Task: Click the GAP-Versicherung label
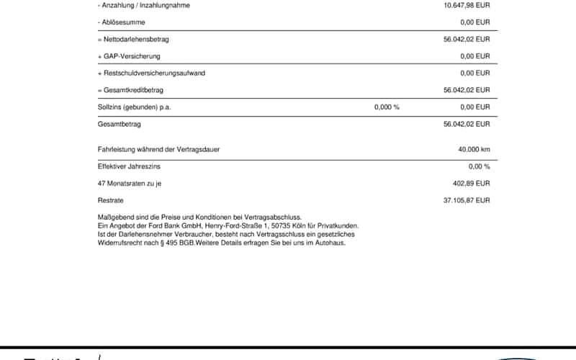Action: [x=129, y=56]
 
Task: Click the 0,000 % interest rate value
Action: [x=387, y=107]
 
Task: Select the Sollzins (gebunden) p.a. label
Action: [x=134, y=107]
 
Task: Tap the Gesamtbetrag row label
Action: [x=119, y=124]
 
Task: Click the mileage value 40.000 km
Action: [x=474, y=150]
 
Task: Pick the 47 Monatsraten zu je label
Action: [x=130, y=184]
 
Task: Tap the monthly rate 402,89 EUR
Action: [x=471, y=184]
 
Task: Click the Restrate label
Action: [x=110, y=200]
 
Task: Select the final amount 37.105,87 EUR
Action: [x=467, y=200]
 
